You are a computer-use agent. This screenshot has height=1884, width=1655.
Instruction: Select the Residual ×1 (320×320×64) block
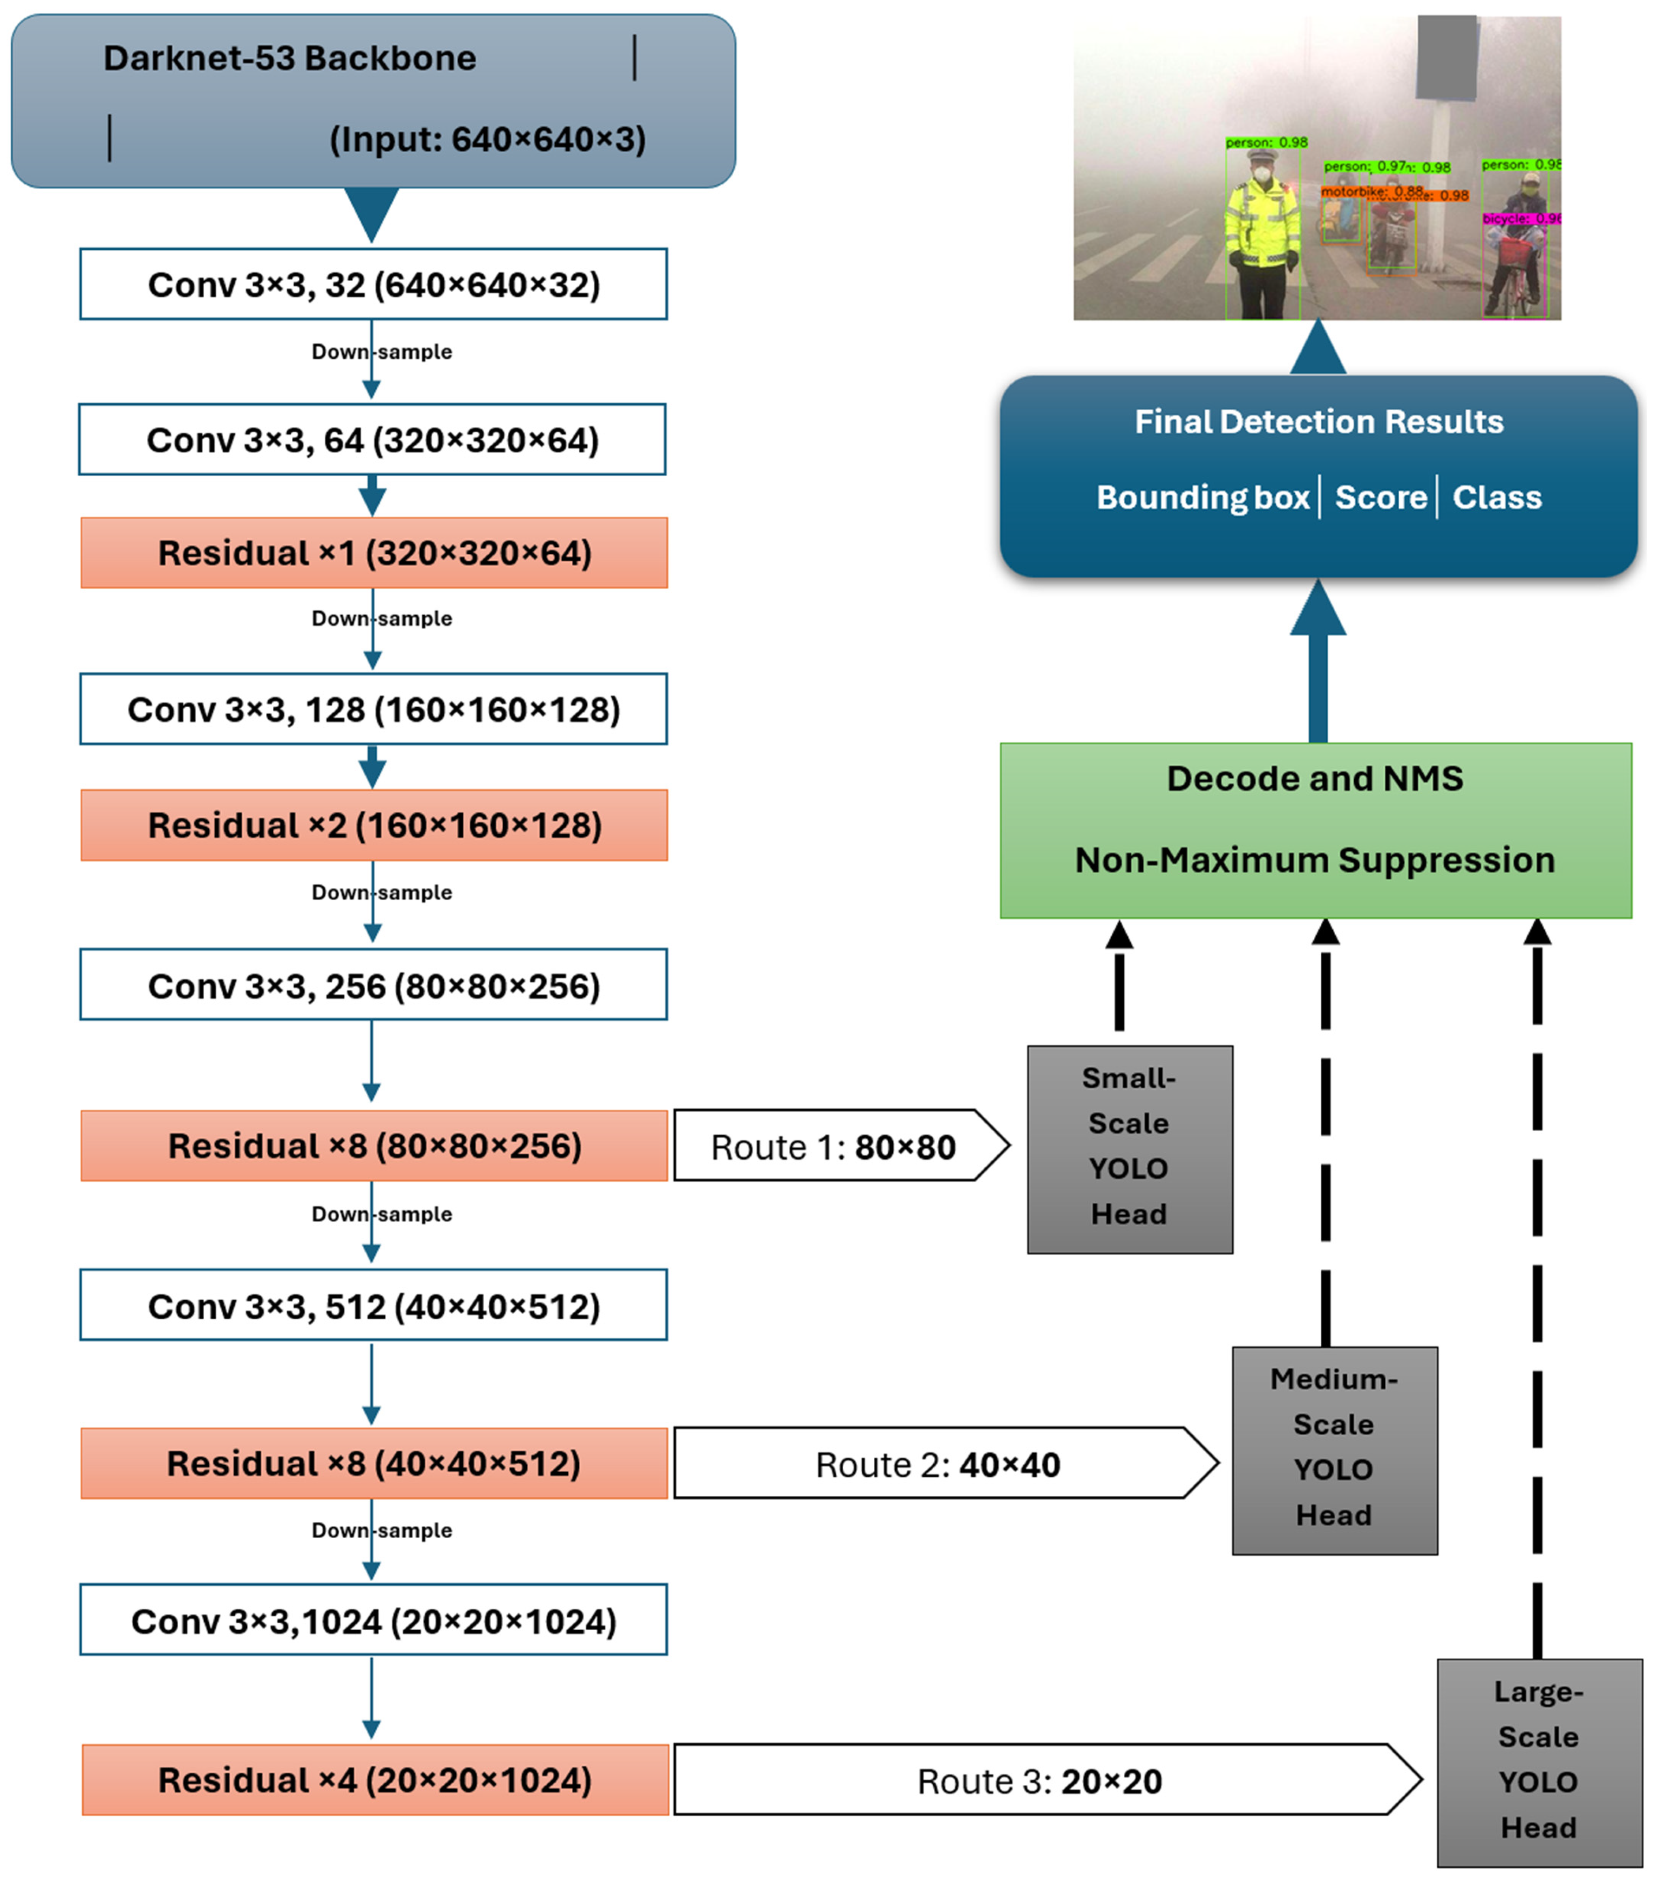coord(373,553)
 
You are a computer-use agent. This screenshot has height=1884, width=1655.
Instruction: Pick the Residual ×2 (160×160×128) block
coord(373,825)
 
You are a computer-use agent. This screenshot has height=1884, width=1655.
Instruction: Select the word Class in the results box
coord(1497,498)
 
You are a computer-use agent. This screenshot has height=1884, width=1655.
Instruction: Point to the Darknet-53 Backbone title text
coord(289,58)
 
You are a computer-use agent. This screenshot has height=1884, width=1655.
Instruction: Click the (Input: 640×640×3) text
coord(488,139)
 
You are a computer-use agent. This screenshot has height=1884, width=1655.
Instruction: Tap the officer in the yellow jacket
coord(1261,230)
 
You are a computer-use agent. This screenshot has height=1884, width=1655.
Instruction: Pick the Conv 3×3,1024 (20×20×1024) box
coord(373,1621)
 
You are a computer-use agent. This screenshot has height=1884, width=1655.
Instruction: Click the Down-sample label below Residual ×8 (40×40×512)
coord(381,1530)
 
